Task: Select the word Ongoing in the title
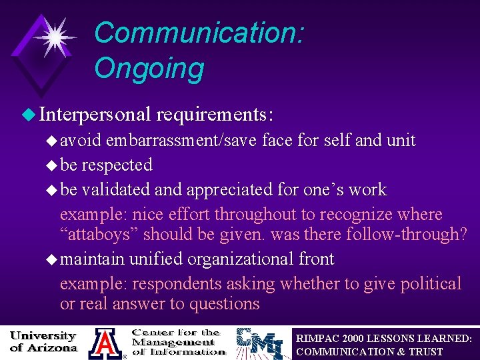tap(149, 68)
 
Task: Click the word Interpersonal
tap(95, 115)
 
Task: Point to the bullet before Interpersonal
tap(27, 115)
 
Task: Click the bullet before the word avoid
tap(52, 141)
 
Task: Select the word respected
tap(116, 165)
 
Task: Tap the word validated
tap(115, 189)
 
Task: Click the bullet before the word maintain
tap(52, 259)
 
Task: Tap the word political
tap(430, 283)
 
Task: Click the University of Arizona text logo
tap(43, 341)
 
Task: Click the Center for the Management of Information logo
tap(177, 341)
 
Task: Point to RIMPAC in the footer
tap(318, 339)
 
